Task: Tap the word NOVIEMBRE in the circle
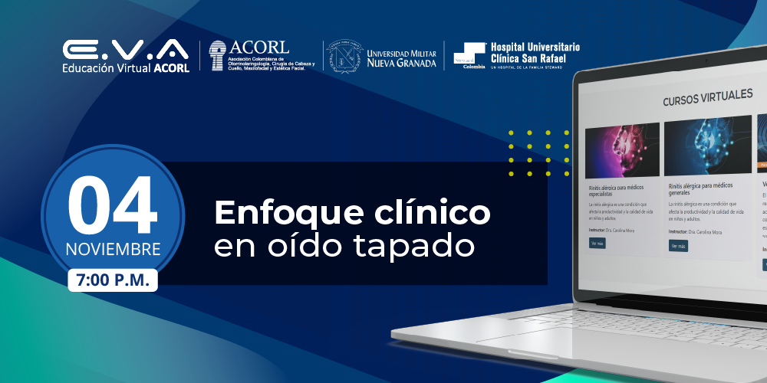[113, 250]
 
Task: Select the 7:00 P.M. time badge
[113, 280]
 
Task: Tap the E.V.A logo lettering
[126, 50]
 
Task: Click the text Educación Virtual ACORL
[126, 67]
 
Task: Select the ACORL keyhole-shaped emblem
[219, 55]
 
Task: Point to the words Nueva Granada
[402, 63]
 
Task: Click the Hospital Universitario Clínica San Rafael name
[535, 52]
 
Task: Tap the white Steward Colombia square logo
[469, 54]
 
